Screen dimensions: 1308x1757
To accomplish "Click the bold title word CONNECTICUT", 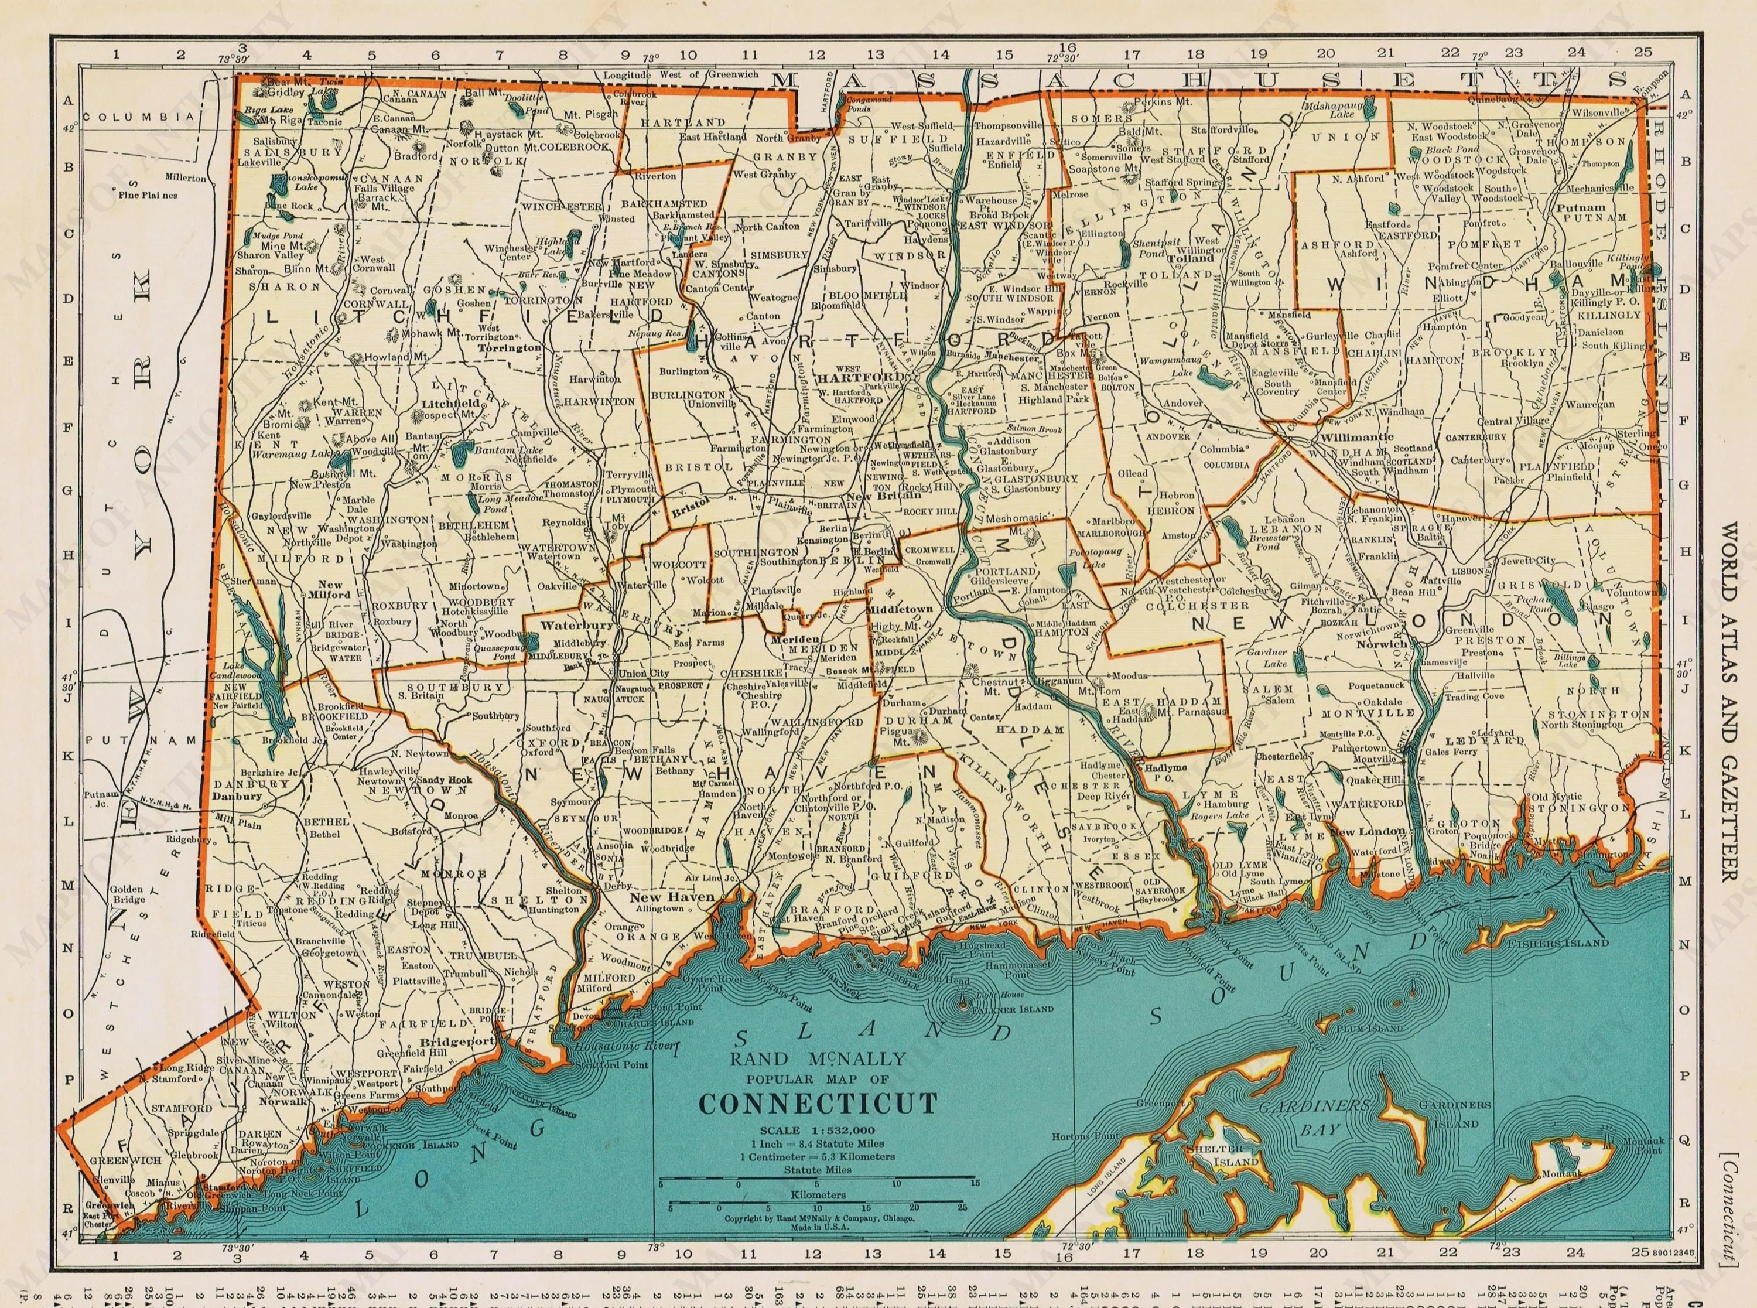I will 818,1102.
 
